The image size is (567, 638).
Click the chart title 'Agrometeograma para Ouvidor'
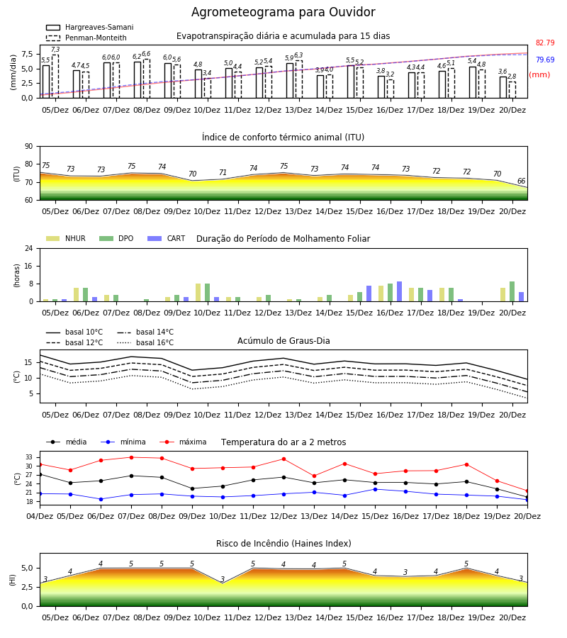[x=283, y=12]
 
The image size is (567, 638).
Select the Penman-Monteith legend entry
[x=86, y=38]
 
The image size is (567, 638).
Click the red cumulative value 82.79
[x=545, y=43]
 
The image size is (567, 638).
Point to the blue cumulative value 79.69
[x=545, y=60]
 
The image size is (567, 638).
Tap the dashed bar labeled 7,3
[x=55, y=77]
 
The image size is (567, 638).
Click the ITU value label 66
[x=521, y=181]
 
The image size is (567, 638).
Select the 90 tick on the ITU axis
[x=29, y=147]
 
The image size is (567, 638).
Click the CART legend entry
[x=166, y=238]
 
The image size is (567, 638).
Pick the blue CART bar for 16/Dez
[x=400, y=291]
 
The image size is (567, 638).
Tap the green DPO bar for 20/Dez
[x=512, y=291]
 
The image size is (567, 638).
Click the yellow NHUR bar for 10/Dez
[x=198, y=293]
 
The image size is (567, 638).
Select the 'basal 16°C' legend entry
[x=145, y=342]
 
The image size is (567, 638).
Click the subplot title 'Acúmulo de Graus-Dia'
[x=283, y=341]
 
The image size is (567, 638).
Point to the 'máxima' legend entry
[x=183, y=442]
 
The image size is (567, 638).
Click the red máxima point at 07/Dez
[x=131, y=457]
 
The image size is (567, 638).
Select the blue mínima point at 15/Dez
[x=375, y=489]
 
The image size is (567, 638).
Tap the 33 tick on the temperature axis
[x=29, y=457]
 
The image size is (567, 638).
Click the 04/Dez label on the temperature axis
[x=40, y=516]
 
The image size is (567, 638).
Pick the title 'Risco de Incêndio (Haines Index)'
[x=283, y=544]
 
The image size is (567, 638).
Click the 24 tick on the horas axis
[x=29, y=248]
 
